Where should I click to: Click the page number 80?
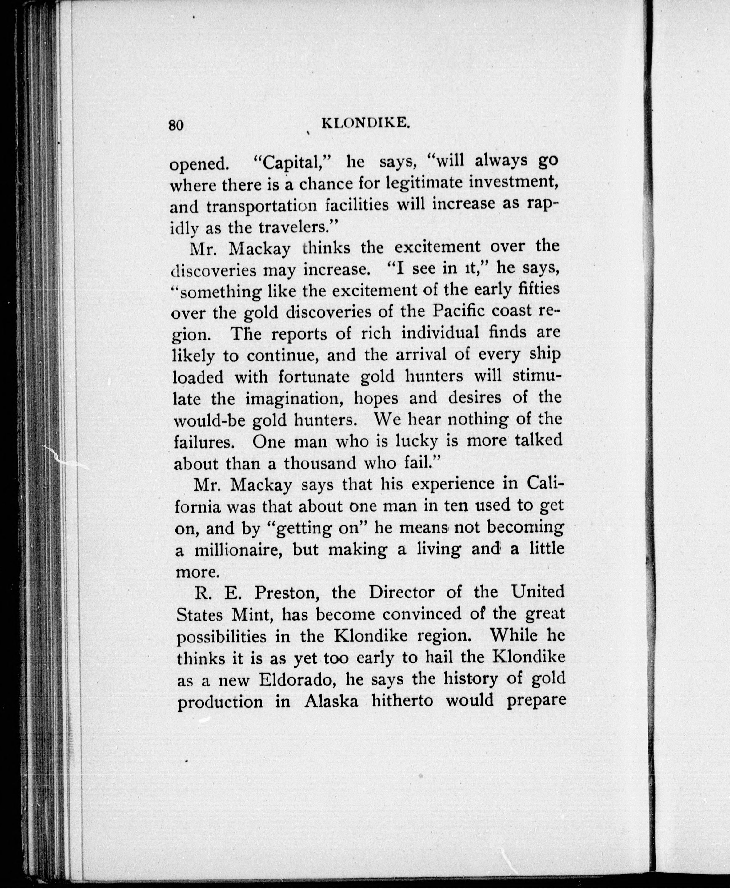[176, 126]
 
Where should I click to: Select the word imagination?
[294, 399]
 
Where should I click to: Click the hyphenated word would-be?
[209, 420]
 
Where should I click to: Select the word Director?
[402, 593]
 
